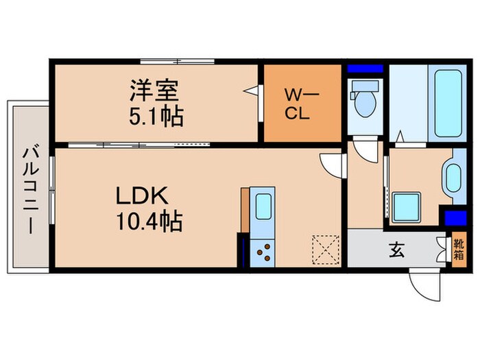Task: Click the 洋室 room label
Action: [x=156, y=91]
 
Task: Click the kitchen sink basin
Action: [x=262, y=206]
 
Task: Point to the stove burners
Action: [x=262, y=253]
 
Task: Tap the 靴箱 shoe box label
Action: [x=457, y=250]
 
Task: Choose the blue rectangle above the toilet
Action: [x=364, y=69]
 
